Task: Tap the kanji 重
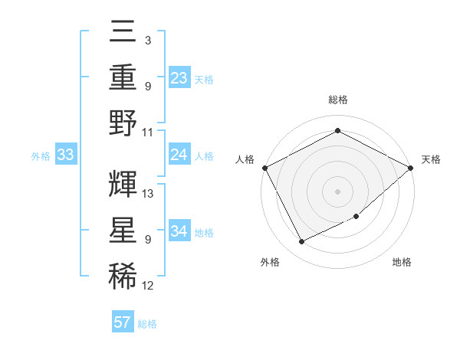[x=123, y=78]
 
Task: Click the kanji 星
[x=123, y=230]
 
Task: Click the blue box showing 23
[x=179, y=78]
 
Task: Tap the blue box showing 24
[x=179, y=155]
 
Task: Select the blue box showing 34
[x=179, y=231]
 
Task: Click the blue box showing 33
[x=66, y=155]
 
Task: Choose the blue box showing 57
[x=123, y=322]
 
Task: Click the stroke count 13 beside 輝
[x=149, y=193]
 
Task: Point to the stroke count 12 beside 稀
[x=148, y=286]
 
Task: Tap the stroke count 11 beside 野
[x=148, y=132]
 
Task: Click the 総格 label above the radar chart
[x=338, y=100]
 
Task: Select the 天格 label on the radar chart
[x=432, y=159]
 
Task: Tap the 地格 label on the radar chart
[x=402, y=263]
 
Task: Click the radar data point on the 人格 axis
[x=264, y=168]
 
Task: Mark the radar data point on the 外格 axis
[x=301, y=242]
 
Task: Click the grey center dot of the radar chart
[x=338, y=191]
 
